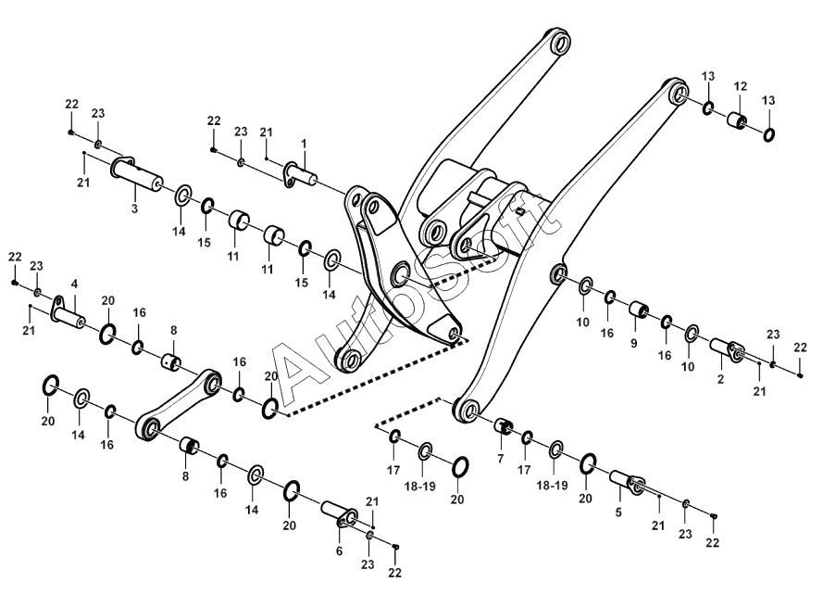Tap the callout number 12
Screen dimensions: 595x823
(x=741, y=86)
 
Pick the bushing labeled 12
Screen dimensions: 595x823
(x=738, y=121)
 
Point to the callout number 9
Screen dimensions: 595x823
(x=634, y=343)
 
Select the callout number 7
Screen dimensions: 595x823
(x=500, y=459)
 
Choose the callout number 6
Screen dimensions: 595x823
(x=339, y=551)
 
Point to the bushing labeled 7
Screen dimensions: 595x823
(x=505, y=426)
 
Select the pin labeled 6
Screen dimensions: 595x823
(x=338, y=513)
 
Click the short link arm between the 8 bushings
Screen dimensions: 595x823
(x=180, y=404)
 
